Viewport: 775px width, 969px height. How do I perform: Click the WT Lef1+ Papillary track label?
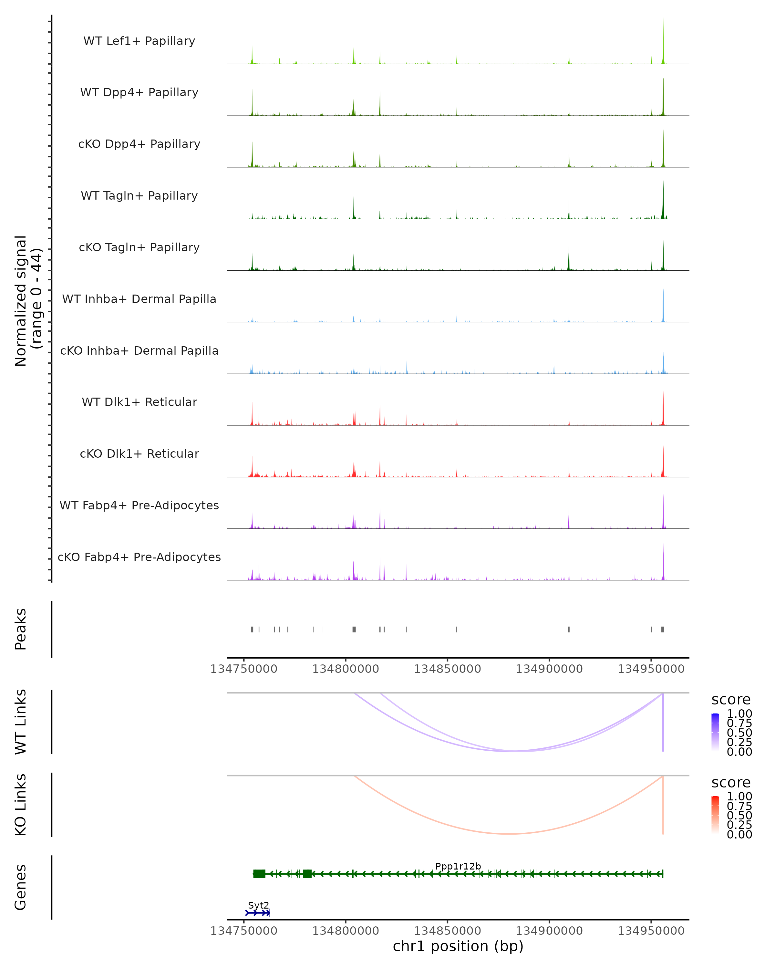139,41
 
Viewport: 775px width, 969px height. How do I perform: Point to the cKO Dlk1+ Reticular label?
139,453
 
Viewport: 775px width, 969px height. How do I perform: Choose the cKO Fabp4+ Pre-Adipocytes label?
139,557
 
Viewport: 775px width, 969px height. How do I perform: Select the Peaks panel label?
20,629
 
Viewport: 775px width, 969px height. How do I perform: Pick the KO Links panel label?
20,805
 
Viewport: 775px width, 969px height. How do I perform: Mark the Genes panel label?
20,887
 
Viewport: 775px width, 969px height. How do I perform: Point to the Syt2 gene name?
258,905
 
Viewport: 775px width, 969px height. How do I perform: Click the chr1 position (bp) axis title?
458,946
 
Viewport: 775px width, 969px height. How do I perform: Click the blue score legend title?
731,700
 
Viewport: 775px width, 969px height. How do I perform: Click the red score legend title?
731,783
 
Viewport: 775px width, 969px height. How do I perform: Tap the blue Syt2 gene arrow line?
257,913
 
